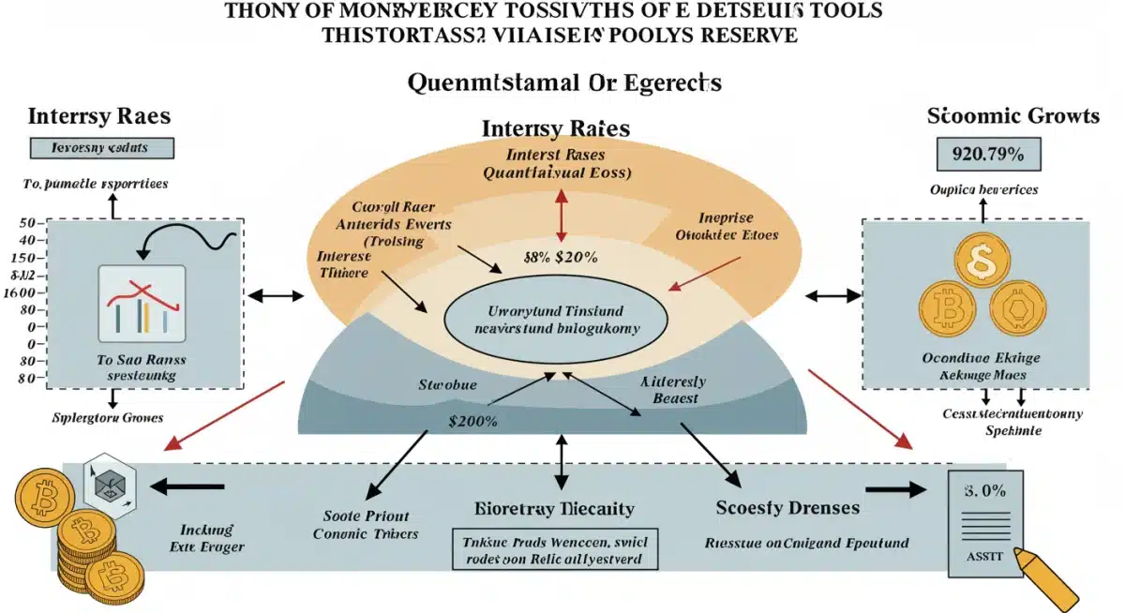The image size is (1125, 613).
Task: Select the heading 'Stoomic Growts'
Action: pos(1012,116)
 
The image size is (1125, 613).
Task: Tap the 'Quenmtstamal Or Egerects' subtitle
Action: pos(564,82)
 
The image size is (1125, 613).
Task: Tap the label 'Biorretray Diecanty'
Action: pos(555,509)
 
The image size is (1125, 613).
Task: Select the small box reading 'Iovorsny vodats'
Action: pos(89,148)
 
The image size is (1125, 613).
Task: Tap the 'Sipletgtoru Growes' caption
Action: pos(107,417)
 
